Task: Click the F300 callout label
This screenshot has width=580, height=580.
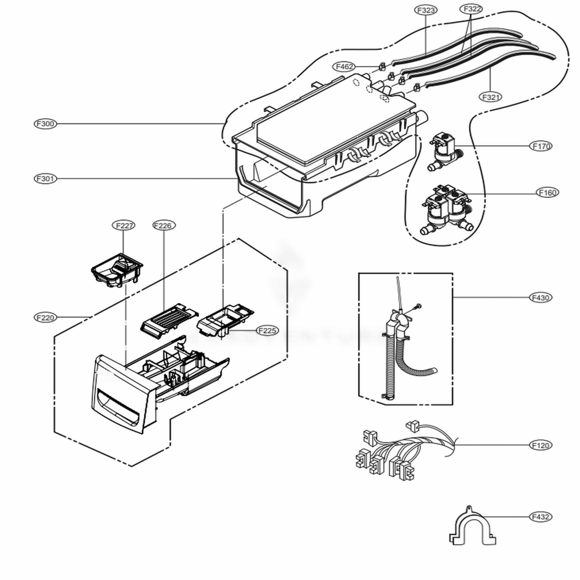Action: pos(45,124)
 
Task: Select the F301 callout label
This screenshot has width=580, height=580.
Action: pos(45,179)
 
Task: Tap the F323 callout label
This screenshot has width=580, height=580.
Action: pos(426,10)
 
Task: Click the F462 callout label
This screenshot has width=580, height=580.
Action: pos(345,67)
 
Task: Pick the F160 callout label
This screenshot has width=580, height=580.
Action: pos(548,192)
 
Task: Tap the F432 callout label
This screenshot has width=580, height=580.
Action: pos(541,516)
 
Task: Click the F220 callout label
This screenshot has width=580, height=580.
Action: pos(45,317)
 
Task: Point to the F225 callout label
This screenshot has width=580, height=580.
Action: pos(267,331)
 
